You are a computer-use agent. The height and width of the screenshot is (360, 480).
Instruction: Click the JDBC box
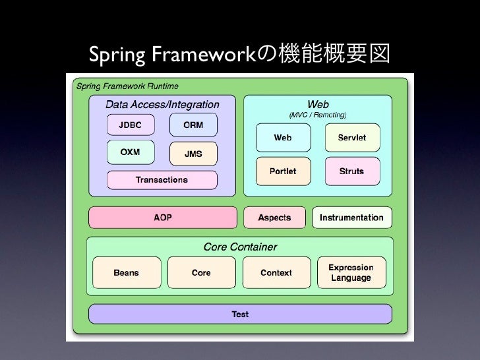130,125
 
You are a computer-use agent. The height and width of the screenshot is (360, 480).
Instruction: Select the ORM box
193,125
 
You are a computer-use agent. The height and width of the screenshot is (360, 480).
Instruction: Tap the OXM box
130,152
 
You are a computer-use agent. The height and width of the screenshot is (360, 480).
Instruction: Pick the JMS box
193,154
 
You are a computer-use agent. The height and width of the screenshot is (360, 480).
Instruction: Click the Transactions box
162,179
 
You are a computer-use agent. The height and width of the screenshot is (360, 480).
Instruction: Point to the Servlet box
351,138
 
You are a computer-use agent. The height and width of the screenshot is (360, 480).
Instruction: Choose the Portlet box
282,171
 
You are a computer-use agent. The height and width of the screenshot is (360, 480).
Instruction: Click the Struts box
351,171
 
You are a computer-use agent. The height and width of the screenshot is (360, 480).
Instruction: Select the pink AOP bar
162,218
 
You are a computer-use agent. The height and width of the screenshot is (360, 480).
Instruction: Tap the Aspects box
274,218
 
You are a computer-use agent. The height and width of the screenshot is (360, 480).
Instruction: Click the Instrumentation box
351,218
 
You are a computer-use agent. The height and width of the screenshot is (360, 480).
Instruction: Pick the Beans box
126,273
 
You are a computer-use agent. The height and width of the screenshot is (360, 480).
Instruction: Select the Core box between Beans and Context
201,273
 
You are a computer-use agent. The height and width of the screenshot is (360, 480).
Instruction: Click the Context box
276,273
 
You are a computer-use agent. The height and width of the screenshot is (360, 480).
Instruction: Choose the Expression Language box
351,273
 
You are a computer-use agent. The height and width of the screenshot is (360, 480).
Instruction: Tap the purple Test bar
240,314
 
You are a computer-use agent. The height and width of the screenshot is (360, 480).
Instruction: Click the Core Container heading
240,247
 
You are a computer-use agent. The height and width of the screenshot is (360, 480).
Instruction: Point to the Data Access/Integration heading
162,104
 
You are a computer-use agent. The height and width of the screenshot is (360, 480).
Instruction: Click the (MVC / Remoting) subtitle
318,115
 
